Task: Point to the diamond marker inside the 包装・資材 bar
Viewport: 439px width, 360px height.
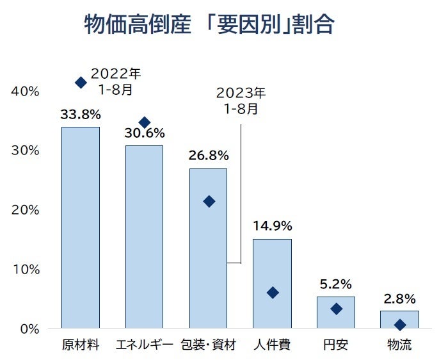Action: click(209, 202)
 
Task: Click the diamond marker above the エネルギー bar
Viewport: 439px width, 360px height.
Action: click(145, 122)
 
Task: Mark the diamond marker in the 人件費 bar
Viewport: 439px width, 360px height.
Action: click(273, 293)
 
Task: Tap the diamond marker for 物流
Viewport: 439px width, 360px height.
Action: click(400, 325)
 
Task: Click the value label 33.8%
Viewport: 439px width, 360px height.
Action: click(81, 115)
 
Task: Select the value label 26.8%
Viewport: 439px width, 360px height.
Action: click(209, 156)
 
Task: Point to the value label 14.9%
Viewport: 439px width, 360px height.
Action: click(272, 226)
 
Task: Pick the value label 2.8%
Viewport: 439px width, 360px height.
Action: click(399, 299)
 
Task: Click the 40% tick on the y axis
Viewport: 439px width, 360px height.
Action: click(26, 91)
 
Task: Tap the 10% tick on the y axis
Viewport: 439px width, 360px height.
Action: click(26, 269)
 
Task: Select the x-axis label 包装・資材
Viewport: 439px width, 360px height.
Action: click(209, 345)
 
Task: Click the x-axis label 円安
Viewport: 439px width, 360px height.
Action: click(336, 345)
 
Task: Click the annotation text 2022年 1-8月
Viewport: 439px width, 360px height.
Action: click(116, 81)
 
